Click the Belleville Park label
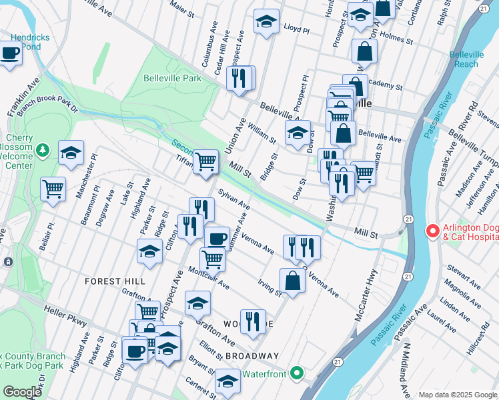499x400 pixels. (172, 78)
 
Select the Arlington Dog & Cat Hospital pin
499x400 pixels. (431, 232)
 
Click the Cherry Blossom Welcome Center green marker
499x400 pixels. (43, 149)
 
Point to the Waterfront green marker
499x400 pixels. (298, 374)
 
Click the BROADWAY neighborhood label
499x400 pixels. (252, 356)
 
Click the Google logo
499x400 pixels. (21, 392)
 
